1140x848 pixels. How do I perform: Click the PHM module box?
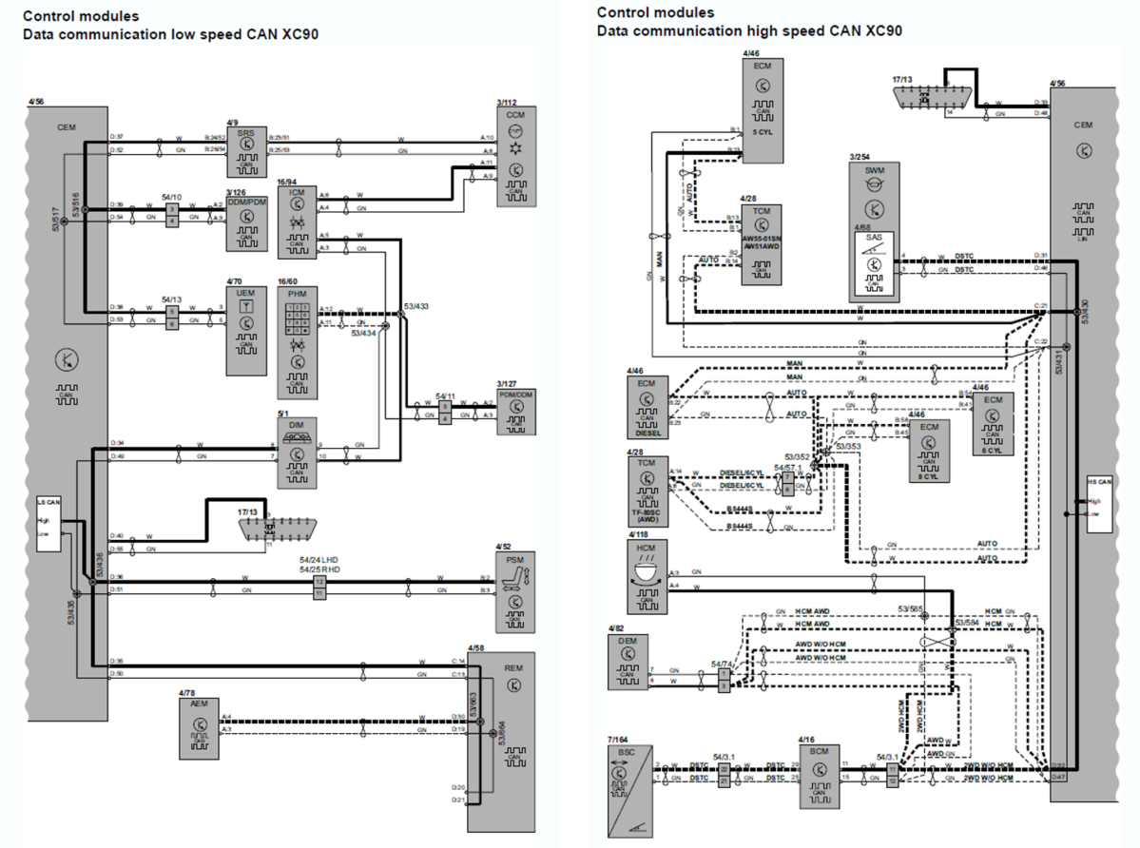tap(296, 344)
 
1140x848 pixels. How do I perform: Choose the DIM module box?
tap(296, 454)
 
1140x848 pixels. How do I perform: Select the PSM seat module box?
tap(514, 590)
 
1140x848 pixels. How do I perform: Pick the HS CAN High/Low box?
tap(1100, 505)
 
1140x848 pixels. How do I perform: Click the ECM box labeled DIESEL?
tap(647, 407)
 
